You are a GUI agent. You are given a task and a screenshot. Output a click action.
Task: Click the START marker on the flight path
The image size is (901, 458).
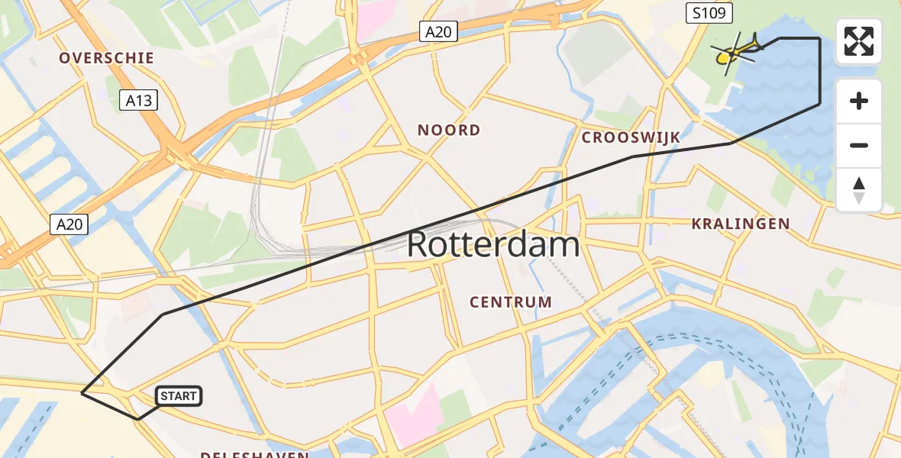(179, 395)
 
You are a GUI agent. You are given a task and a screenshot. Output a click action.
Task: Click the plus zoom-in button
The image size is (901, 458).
(859, 101)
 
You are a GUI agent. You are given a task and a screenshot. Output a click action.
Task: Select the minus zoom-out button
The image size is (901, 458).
(859, 145)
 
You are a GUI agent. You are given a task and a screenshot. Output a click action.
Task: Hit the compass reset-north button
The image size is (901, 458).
(859, 190)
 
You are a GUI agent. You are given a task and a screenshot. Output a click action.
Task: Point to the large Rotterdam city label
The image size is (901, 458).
(492, 245)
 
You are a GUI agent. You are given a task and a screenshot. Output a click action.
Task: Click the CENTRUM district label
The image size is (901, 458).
(511, 302)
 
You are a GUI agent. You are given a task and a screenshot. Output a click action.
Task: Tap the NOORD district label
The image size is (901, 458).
(449, 130)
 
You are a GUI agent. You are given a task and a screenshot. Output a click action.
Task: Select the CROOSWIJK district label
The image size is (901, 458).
(631, 137)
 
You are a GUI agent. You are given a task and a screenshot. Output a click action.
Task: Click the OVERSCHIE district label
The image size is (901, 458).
(107, 58)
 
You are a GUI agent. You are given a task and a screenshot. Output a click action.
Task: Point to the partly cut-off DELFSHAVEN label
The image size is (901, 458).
(254, 454)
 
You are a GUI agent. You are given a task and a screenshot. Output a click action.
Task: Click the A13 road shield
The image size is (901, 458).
(139, 100)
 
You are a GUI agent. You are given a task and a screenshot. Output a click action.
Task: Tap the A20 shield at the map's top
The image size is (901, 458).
(438, 31)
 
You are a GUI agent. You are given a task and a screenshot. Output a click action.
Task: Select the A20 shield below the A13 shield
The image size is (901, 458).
(69, 224)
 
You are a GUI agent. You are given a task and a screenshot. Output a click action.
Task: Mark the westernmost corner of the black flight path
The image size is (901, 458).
(82, 393)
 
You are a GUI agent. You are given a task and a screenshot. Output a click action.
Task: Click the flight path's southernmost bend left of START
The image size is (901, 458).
(138, 419)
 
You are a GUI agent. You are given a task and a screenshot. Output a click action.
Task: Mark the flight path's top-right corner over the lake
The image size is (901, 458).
(819, 37)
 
